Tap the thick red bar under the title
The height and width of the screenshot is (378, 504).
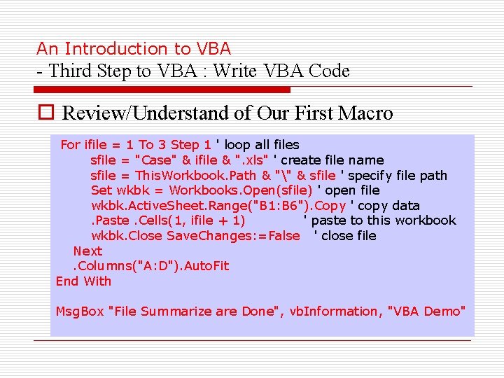(x=162, y=90)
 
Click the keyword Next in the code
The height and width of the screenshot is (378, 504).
(x=87, y=251)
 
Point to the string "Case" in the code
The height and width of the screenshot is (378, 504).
(x=157, y=160)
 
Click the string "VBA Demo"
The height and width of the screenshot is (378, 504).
(x=426, y=311)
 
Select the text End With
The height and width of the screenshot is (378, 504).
(x=83, y=281)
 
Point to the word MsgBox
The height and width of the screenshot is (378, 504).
(x=79, y=311)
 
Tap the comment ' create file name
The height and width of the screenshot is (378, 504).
(x=328, y=160)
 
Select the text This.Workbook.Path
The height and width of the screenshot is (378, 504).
(x=196, y=176)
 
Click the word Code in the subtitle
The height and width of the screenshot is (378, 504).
(x=329, y=71)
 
